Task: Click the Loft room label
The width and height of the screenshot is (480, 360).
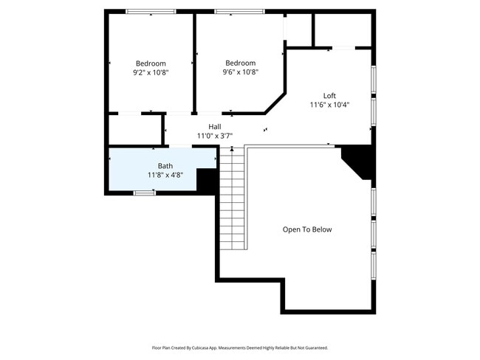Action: pos(329,96)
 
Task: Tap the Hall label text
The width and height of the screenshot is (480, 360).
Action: pos(214,127)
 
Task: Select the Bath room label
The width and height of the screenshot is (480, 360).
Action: pos(165,166)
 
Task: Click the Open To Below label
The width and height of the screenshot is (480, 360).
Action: pos(307,229)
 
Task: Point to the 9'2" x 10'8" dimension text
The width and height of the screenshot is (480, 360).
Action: pos(151,72)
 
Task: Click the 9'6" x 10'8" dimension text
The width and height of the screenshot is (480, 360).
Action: pos(240,72)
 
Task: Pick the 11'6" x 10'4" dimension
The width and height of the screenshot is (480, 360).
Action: pos(329,105)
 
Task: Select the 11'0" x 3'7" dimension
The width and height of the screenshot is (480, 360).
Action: pos(214,136)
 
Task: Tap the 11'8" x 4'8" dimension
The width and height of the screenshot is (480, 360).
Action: pos(165,175)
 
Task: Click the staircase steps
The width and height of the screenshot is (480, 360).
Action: pos(233,199)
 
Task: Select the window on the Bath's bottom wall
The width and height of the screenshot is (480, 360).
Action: pos(145,193)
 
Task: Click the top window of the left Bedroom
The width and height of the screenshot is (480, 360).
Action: pos(151,12)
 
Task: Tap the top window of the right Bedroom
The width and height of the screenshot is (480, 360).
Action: pos(239,12)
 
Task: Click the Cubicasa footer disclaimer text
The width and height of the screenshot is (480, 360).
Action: pos(240,347)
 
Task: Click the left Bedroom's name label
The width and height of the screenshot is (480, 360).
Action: pos(151,63)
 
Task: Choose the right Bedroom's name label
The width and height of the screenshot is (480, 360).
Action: pos(240,63)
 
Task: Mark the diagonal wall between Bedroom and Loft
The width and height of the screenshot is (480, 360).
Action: pos(275,103)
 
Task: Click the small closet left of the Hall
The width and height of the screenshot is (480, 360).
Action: pos(134,129)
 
